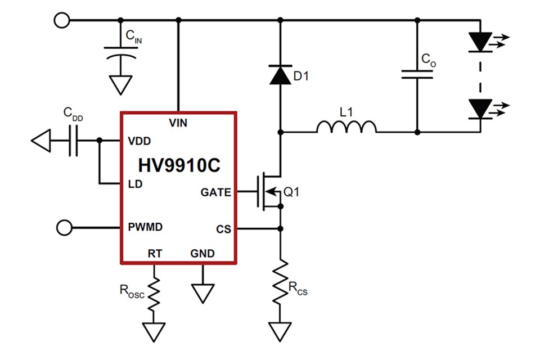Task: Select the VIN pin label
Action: [x=178, y=121]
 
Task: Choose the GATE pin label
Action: [x=215, y=192]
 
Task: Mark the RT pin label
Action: [x=155, y=254]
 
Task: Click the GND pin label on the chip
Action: [x=202, y=254]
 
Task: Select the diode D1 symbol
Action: [x=280, y=75]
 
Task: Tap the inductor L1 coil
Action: [x=346, y=128]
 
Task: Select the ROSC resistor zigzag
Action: [x=154, y=290]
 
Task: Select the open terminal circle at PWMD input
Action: [x=64, y=228]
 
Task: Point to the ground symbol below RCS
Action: [x=280, y=330]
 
